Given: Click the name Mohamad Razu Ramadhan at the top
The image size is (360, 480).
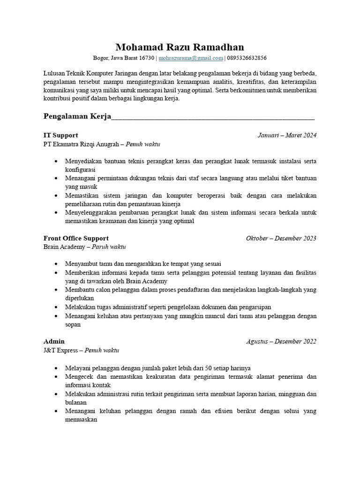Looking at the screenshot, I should (x=180, y=47).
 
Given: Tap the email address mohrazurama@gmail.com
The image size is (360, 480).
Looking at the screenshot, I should (x=191, y=58).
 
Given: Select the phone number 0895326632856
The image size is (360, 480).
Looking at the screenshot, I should (x=247, y=58).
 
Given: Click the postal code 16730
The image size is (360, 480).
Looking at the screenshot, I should (x=147, y=58).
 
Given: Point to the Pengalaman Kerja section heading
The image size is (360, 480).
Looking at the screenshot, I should (x=77, y=116).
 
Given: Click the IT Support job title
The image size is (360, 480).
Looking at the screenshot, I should (x=60, y=135).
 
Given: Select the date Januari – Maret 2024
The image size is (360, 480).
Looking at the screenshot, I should (x=287, y=135).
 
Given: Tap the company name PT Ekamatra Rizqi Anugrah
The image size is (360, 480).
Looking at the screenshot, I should (x=80, y=144).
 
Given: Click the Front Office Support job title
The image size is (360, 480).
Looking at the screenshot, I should (x=76, y=238).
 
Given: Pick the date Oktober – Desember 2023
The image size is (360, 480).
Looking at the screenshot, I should (x=281, y=238).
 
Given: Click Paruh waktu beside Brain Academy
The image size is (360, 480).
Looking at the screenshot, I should (x=109, y=247).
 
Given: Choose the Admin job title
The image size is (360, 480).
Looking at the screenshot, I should (x=54, y=341).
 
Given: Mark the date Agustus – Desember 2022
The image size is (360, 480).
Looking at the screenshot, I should (x=281, y=341).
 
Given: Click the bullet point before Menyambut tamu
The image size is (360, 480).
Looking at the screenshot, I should (x=57, y=264).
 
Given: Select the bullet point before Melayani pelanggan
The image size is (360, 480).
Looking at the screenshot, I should (x=57, y=368).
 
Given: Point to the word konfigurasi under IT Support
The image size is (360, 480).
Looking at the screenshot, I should (x=80, y=170).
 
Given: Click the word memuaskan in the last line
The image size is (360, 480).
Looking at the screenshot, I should (x=81, y=420).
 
